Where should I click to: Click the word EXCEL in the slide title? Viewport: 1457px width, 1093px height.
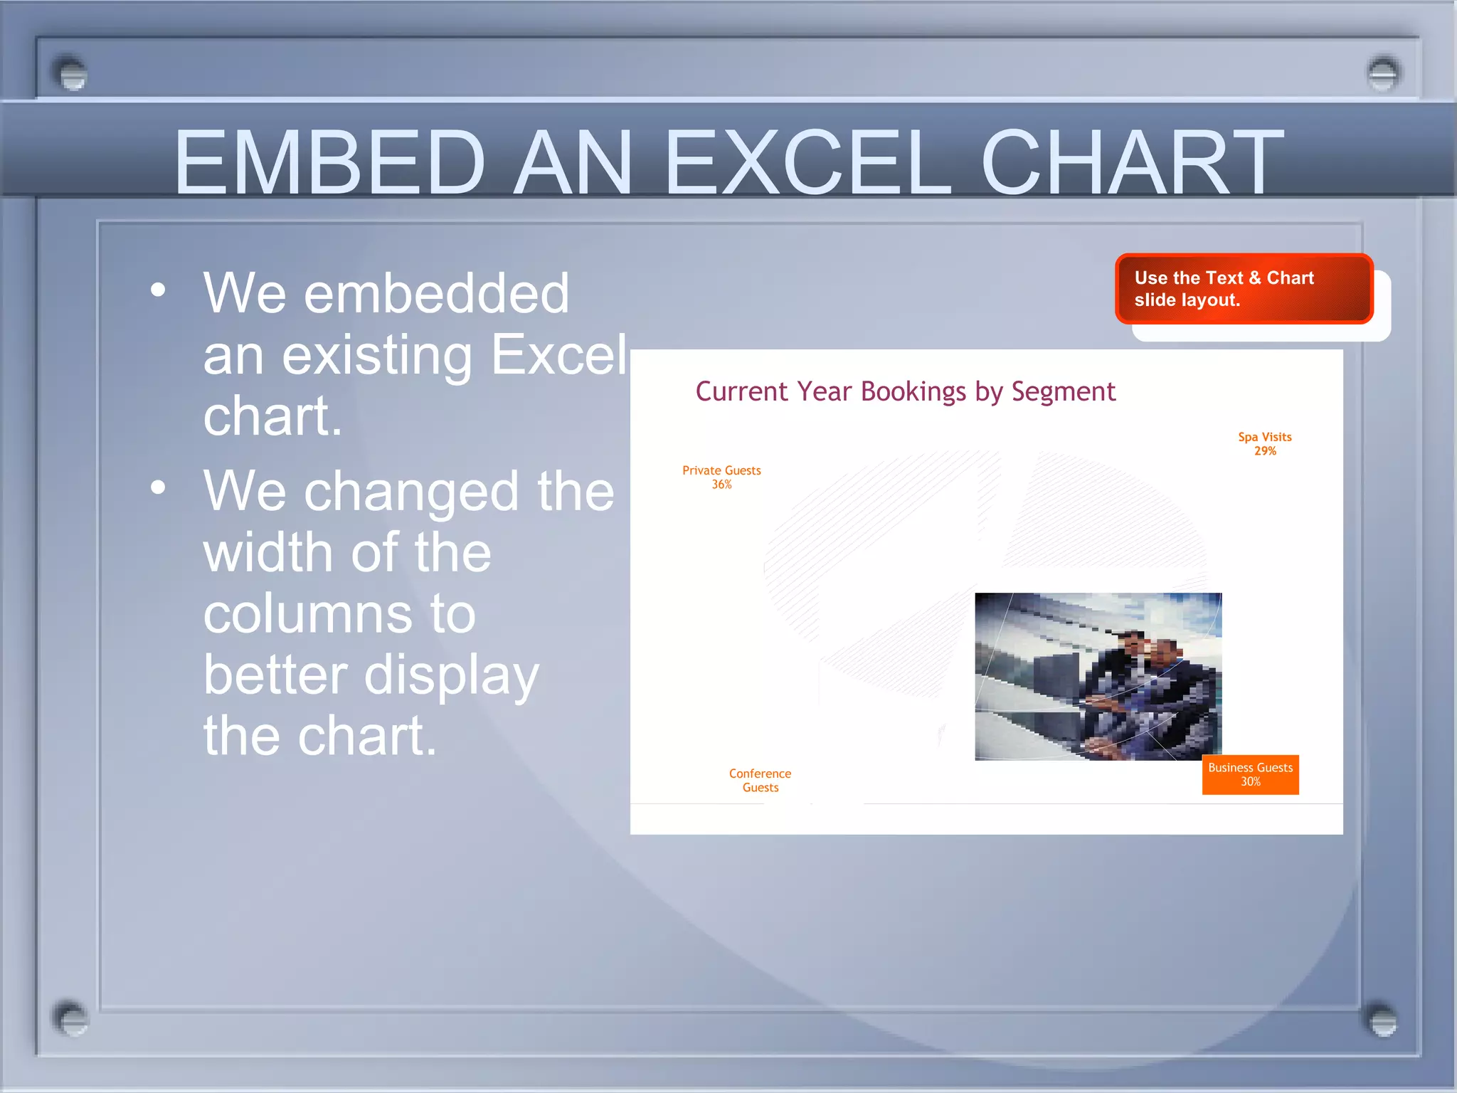click(807, 162)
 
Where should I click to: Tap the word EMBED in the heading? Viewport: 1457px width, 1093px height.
click(329, 162)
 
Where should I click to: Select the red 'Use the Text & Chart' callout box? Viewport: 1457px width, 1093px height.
click(1244, 289)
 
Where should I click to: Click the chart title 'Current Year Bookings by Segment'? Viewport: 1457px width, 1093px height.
click(905, 391)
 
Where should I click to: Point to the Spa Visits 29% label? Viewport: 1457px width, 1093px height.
click(1264, 443)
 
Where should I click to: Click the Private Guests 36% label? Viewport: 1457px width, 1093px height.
click(721, 477)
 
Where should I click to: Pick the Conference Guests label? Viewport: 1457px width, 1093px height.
click(760, 780)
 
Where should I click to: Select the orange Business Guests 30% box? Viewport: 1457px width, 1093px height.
click(1250, 774)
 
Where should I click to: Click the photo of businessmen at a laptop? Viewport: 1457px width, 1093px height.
click(1098, 676)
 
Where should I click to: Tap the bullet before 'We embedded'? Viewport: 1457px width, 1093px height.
click(158, 290)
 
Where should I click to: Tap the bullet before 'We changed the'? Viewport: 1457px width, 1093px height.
click(158, 487)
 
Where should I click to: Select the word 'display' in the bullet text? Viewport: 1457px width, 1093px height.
click(451, 676)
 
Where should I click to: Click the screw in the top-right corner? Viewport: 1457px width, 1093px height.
click(1383, 73)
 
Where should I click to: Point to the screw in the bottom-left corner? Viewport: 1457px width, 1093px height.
click(70, 1019)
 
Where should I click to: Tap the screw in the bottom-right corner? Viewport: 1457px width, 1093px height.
click(1382, 1020)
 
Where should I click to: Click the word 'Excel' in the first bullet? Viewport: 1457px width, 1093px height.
click(558, 354)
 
